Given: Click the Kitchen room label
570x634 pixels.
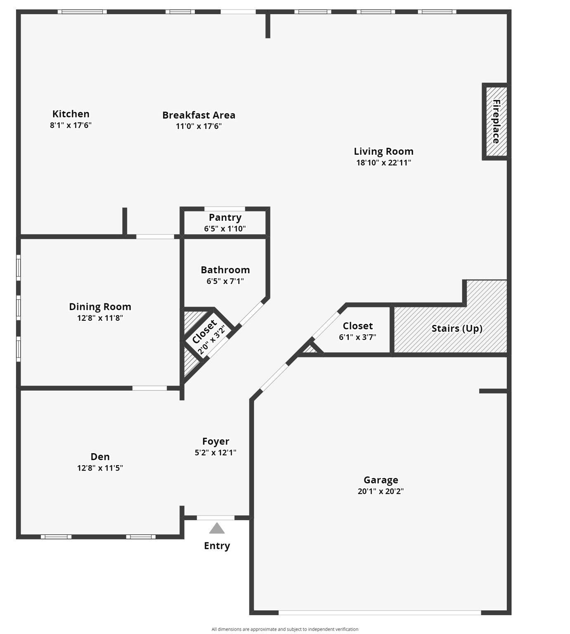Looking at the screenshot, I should pyautogui.click(x=71, y=114).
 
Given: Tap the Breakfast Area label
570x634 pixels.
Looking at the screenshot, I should pyautogui.click(x=199, y=115).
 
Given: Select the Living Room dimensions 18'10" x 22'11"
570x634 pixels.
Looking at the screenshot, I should pyautogui.click(x=383, y=163).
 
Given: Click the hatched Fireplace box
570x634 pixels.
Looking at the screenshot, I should pyautogui.click(x=496, y=121).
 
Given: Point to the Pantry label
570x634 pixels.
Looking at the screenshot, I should pyautogui.click(x=225, y=218).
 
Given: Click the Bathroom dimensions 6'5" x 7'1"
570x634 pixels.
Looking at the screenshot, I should pyautogui.click(x=225, y=282).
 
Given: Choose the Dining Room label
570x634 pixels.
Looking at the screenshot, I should pyautogui.click(x=100, y=307).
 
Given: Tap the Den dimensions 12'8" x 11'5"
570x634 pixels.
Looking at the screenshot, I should pyautogui.click(x=100, y=468).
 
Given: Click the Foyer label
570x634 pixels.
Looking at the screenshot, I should pyautogui.click(x=215, y=441).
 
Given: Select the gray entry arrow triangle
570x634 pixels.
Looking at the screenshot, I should pyautogui.click(x=217, y=529).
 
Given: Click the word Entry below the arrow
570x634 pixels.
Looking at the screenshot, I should pyautogui.click(x=217, y=546).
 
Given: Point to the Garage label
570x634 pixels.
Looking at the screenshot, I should pyautogui.click(x=381, y=480).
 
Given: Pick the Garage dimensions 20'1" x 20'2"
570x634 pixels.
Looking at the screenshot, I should pyautogui.click(x=381, y=491).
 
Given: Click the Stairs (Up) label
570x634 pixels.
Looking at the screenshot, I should pyautogui.click(x=457, y=329).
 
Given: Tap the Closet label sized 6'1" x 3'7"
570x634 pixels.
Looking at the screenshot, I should pyautogui.click(x=357, y=326).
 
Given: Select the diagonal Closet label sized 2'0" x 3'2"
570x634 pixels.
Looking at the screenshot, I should pyautogui.click(x=205, y=331).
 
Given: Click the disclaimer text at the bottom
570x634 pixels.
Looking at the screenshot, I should pyautogui.click(x=285, y=629).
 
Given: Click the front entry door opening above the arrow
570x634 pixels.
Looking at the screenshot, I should pyautogui.click(x=215, y=518).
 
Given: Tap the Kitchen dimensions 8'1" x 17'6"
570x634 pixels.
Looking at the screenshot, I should pyautogui.click(x=71, y=125).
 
